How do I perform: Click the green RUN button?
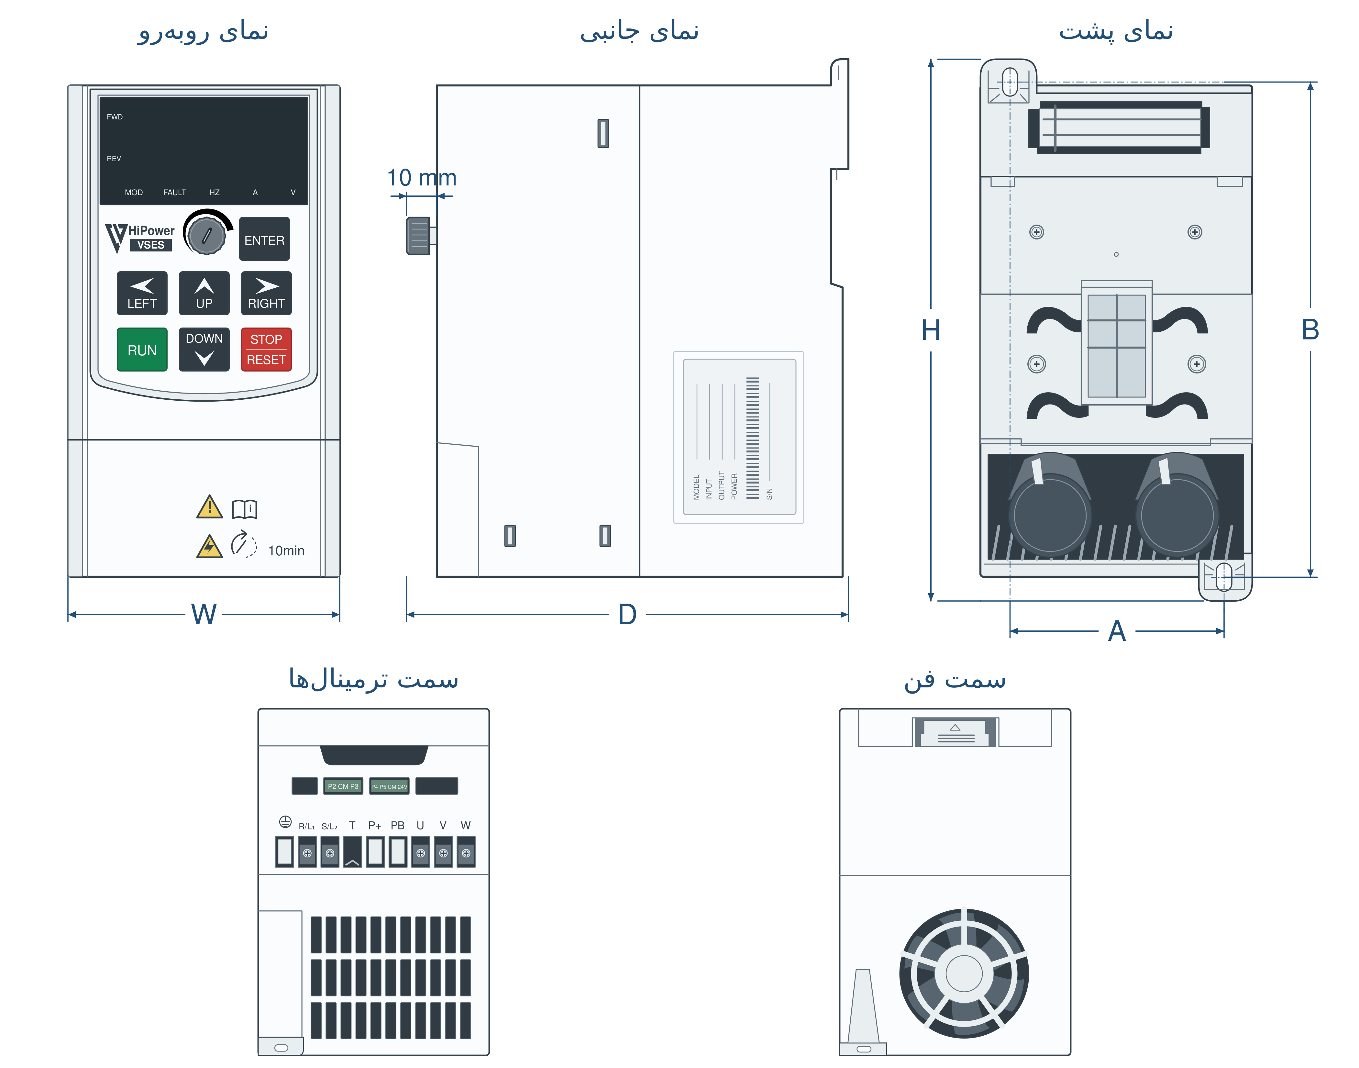[x=142, y=350]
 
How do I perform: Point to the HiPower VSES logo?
[x=139, y=238]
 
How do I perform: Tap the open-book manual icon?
[x=244, y=509]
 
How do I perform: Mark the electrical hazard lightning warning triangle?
[x=209, y=546]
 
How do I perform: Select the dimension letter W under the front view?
[x=204, y=614]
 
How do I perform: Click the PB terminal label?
[x=398, y=825]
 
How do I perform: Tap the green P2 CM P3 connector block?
[x=343, y=786]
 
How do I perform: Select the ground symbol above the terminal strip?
[x=285, y=822]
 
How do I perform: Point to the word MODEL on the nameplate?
[x=696, y=487]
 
